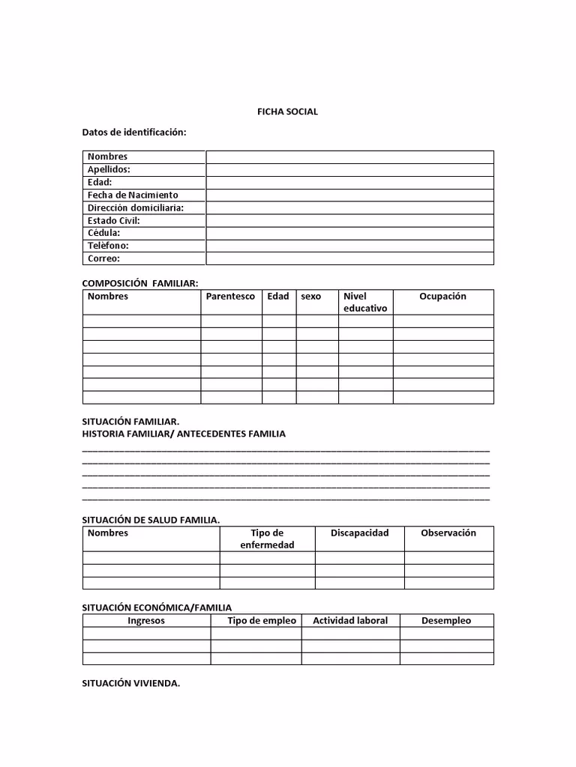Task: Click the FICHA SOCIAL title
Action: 288,112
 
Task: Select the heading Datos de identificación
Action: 134,133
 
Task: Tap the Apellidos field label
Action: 109,169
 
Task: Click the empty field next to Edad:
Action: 349,182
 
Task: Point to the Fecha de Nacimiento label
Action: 133,195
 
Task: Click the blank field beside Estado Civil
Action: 349,220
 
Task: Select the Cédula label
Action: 103,233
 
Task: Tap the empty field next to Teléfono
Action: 349,246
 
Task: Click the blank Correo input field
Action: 349,258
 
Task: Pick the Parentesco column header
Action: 230,297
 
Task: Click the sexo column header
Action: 310,297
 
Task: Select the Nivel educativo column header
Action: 365,302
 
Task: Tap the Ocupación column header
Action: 442,297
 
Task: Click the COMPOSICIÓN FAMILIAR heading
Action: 140,283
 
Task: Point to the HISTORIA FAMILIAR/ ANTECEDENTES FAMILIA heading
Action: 184,434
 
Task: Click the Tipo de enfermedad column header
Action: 267,539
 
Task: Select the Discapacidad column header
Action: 360,533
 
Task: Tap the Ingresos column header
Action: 146,620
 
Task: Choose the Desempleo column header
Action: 446,620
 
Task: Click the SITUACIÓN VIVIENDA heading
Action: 131,683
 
